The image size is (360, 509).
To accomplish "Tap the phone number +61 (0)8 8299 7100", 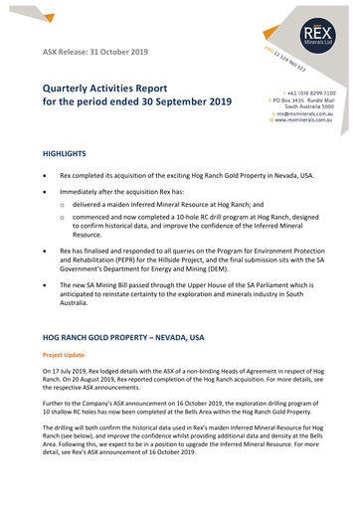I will tap(310, 91).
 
